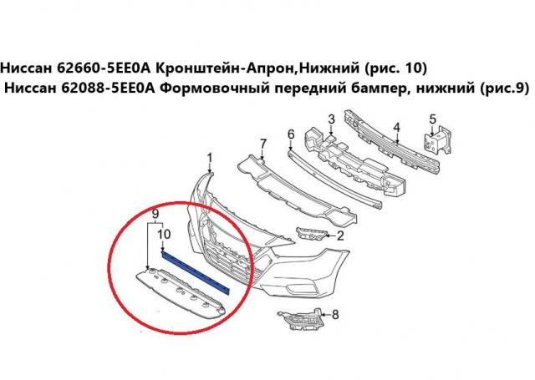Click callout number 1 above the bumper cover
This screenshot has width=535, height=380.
pyautogui.click(x=210, y=159)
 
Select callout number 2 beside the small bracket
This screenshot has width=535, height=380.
pyautogui.click(x=340, y=236)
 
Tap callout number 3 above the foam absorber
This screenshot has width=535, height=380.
pyautogui.click(x=331, y=119)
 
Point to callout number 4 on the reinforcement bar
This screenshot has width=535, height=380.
pyautogui.click(x=396, y=128)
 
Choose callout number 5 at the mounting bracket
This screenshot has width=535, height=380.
pyautogui.click(x=433, y=119)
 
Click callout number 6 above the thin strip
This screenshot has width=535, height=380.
pyautogui.click(x=291, y=134)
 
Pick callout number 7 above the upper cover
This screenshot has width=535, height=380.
pyautogui.click(x=262, y=144)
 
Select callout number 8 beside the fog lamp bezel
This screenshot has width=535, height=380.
pyautogui.click(x=335, y=314)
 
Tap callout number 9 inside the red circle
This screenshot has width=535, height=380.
pyautogui.click(x=155, y=214)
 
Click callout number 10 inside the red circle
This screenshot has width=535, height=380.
pyautogui.click(x=164, y=234)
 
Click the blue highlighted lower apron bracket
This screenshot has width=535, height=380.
pyautogui.click(x=196, y=271)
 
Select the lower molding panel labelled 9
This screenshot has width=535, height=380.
pyautogui.click(x=181, y=294)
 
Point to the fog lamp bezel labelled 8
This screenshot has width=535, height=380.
pyautogui.click(x=300, y=319)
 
